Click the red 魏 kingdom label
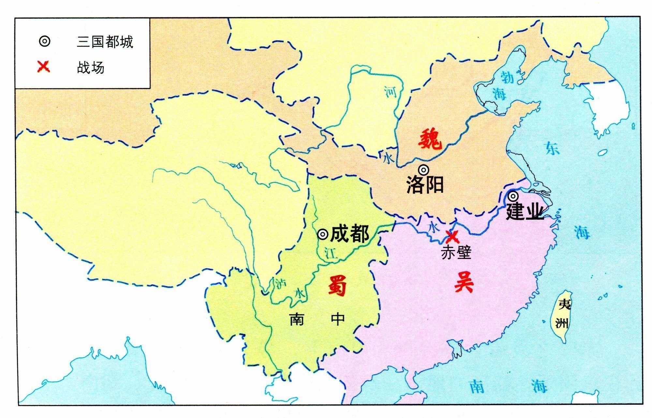tap(430, 139)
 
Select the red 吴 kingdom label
tap(464, 282)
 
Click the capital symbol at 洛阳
tap(423, 170)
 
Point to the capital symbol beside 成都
tap(322, 234)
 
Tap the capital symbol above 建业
tap(513, 196)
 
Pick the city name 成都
tap(349, 234)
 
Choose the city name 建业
tap(524, 211)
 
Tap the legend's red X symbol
tap(44, 67)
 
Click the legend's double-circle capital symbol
tap(44, 41)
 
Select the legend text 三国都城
tap(105, 42)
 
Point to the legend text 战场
tap(91, 67)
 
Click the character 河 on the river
tap(390, 92)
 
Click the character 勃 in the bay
tap(507, 77)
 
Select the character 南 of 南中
tap(296, 319)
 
